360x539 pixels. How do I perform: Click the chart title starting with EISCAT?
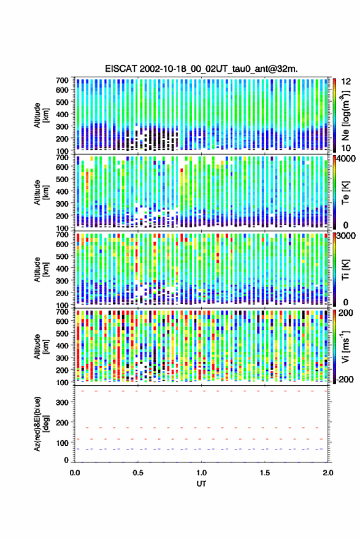click(201, 69)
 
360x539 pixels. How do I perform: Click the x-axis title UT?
click(201, 484)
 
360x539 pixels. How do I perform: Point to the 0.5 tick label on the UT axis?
click(138, 473)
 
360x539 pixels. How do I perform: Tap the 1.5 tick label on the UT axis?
click(265, 473)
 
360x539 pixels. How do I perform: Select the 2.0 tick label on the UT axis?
click(328, 473)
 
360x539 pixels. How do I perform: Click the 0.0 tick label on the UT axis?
click(75, 473)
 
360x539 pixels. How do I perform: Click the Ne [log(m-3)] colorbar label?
click(345, 115)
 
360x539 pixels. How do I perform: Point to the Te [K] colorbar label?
click(345, 193)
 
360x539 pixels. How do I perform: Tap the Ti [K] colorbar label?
click(345, 270)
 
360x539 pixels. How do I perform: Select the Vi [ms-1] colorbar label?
click(345, 346)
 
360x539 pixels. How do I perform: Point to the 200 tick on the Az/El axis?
click(62, 422)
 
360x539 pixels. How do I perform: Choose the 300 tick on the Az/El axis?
click(62, 402)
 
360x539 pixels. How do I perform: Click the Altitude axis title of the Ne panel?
click(42, 115)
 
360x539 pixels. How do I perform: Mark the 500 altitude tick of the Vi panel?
click(62, 333)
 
